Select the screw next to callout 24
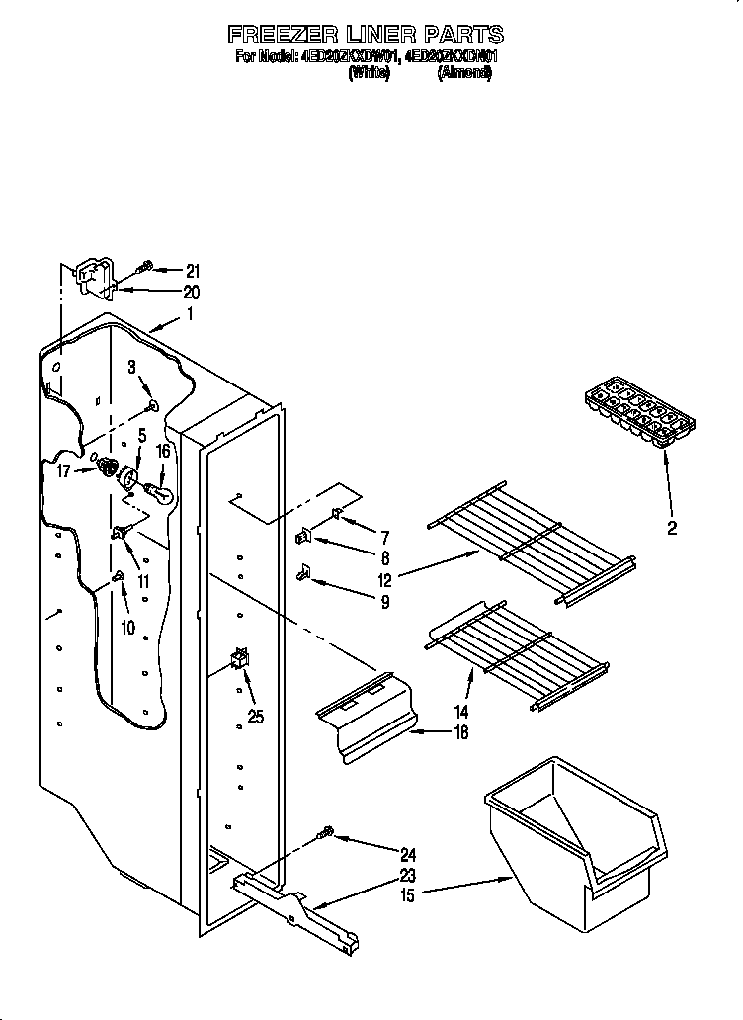(x=324, y=836)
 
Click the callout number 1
(x=191, y=315)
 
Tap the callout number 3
(x=131, y=368)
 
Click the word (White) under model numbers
(x=370, y=73)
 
